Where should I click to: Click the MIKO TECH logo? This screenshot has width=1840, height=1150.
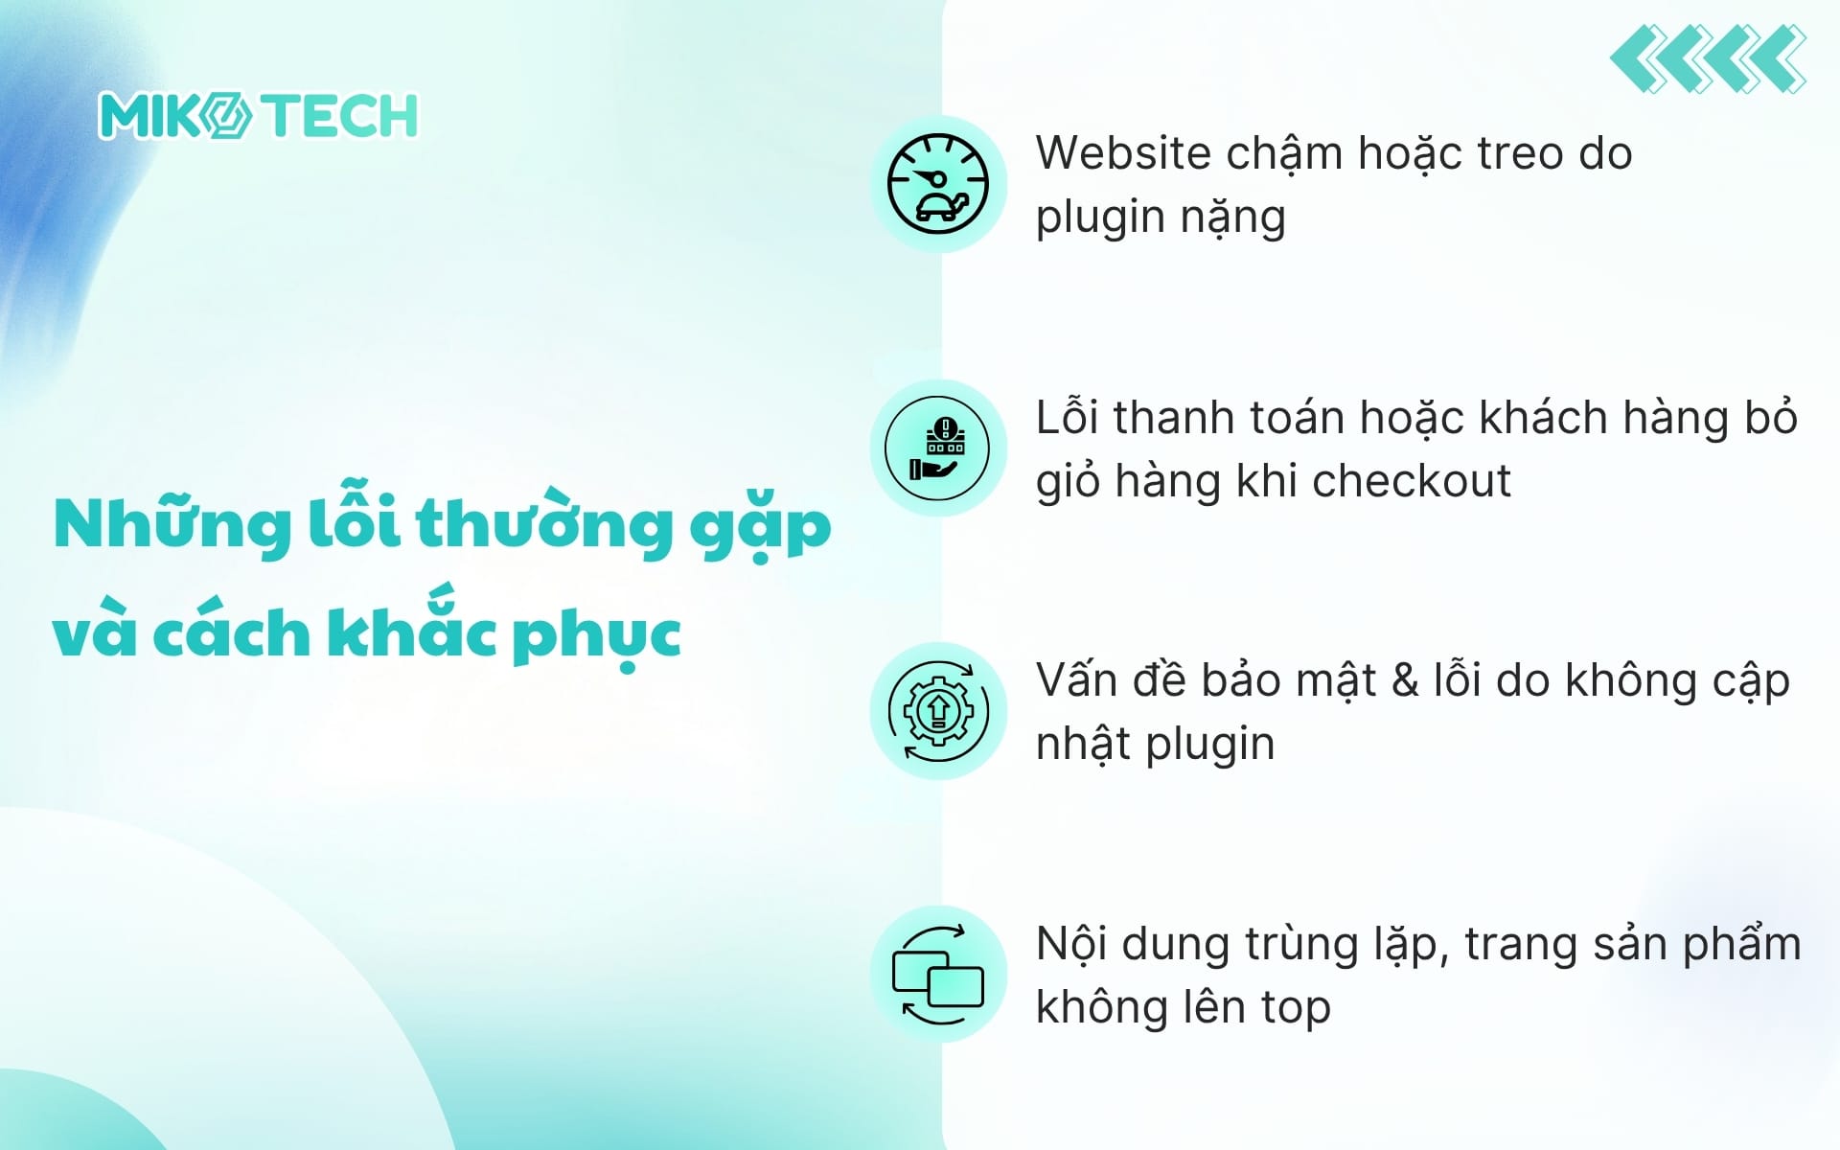tap(258, 116)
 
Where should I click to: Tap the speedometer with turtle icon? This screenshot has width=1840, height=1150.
tap(937, 184)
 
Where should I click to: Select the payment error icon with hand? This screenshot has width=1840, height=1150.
tap(937, 448)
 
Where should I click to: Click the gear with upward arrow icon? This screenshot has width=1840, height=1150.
tap(937, 711)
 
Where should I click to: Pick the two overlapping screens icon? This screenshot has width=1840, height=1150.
tap(937, 975)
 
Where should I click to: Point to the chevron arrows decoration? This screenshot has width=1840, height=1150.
tap(1709, 59)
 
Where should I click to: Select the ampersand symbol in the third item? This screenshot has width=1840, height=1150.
tap(1404, 681)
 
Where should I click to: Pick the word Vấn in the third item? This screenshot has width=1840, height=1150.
tap(1076, 680)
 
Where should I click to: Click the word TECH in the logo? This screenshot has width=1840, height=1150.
tap(340, 116)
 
